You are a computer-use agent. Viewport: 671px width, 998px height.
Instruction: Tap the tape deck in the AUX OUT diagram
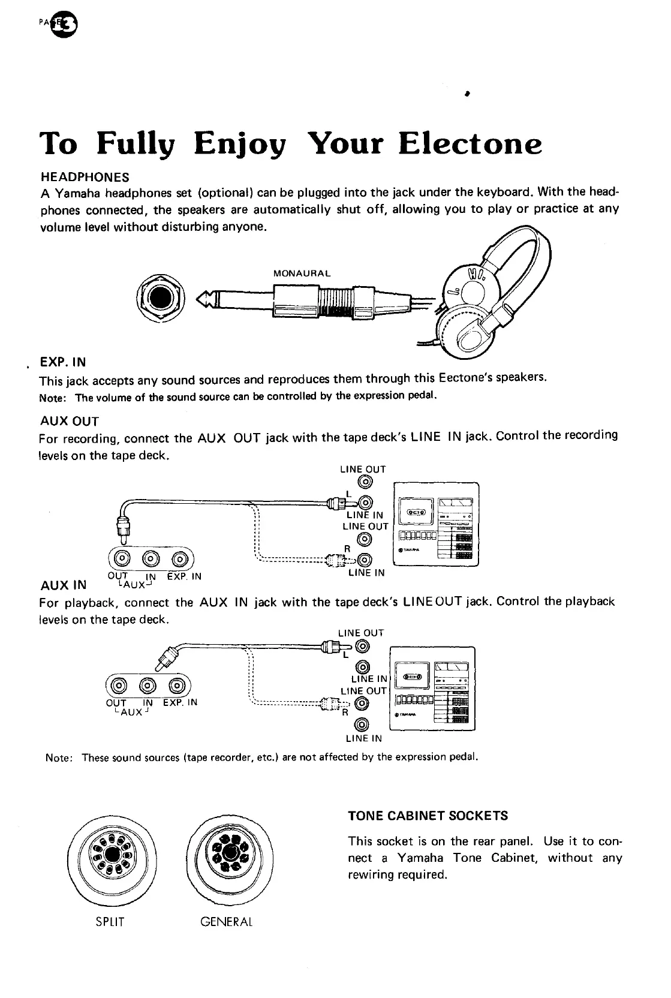click(435, 524)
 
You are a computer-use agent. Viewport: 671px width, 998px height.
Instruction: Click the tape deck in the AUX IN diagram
click(432, 689)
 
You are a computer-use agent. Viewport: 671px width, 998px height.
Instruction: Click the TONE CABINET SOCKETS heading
click(428, 816)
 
